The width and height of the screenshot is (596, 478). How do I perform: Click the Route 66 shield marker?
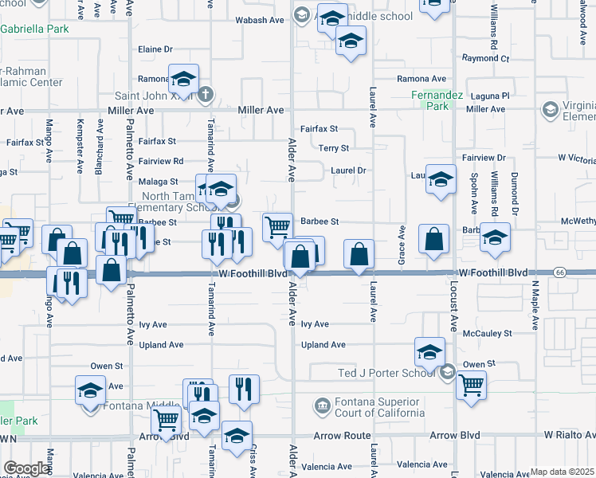(561, 272)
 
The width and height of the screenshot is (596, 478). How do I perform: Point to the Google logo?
(25, 468)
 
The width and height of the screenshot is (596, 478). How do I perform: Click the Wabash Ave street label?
(260, 22)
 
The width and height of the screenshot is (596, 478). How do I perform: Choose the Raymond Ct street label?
(484, 58)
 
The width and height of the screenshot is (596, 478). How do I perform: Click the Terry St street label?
(333, 148)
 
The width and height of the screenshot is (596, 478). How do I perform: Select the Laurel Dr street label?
(347, 170)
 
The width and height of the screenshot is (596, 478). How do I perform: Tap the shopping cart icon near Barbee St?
(277, 225)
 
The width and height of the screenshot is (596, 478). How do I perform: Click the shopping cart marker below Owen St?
(471, 385)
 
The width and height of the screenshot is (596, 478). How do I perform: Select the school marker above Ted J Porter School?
(429, 351)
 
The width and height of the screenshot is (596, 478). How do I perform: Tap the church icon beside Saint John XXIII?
(205, 94)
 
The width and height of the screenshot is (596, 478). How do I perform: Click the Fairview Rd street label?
(161, 161)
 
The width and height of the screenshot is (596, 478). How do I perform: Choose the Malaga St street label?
(157, 182)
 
